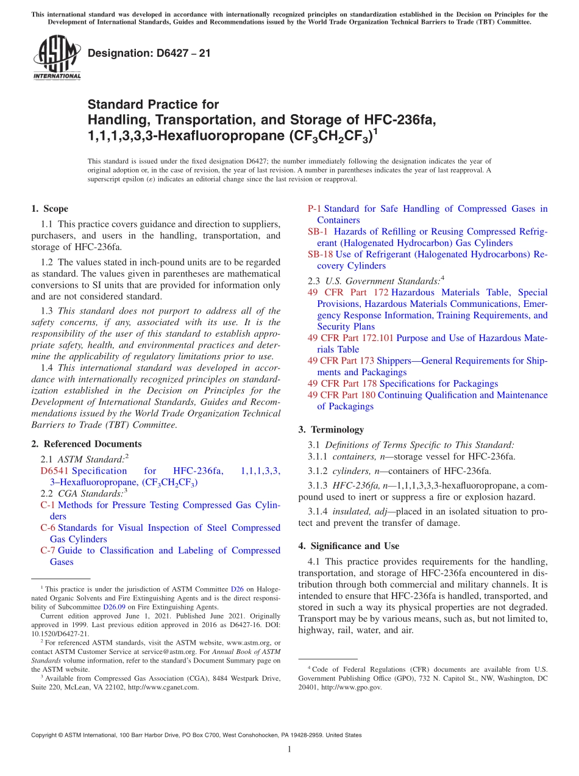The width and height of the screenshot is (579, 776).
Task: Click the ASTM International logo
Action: (57, 58)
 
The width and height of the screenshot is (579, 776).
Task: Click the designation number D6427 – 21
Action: (149, 53)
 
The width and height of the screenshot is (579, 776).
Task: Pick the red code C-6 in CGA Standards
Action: (48, 528)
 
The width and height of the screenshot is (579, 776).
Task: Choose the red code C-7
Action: (48, 550)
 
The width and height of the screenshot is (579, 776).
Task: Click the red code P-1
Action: (314, 209)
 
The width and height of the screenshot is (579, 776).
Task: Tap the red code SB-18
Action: (320, 254)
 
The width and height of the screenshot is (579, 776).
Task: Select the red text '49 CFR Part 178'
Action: (342, 384)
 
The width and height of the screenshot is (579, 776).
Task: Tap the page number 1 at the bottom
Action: (289, 750)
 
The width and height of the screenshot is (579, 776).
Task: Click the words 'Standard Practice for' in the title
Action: (153, 104)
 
